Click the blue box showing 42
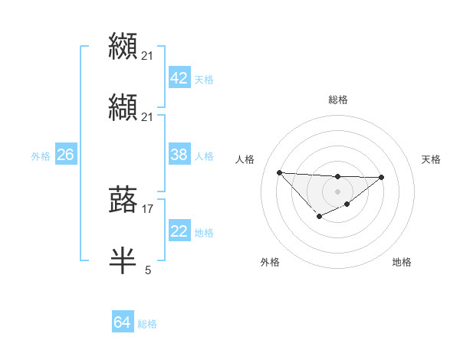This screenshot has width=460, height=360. tap(179, 78)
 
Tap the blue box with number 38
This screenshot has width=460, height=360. tap(179, 155)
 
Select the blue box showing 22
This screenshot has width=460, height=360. tap(179, 231)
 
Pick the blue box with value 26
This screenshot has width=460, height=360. tap(65, 155)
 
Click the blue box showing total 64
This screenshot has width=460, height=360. tap(122, 322)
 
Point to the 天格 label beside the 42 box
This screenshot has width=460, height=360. tap(204, 80)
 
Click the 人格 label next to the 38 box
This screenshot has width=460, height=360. tap(204, 156)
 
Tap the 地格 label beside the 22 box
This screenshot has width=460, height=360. tap(204, 233)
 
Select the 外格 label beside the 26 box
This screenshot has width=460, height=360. tap(41, 156)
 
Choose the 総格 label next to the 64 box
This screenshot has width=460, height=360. tap(147, 324)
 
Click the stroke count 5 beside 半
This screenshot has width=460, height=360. tap(148, 270)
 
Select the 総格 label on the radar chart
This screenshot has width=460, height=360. tap(337, 100)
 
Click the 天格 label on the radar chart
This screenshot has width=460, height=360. tap(432, 159)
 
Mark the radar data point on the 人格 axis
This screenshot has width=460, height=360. tap(279, 172)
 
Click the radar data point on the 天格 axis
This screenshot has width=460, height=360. tap(382, 177)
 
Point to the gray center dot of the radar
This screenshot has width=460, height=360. tap(337, 191)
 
